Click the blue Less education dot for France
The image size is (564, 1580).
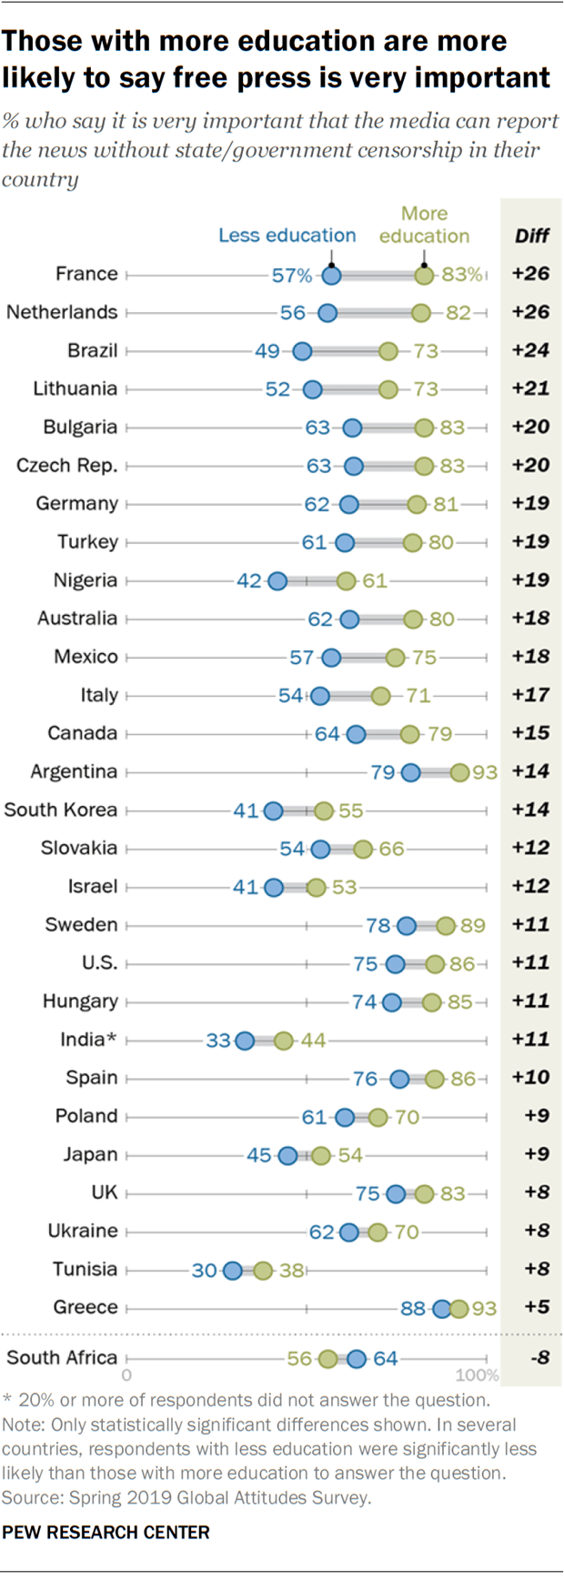[x=332, y=275]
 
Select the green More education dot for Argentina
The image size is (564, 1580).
[x=459, y=772]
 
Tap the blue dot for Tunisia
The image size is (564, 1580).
[x=232, y=1270]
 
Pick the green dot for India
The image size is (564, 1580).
[x=284, y=1040]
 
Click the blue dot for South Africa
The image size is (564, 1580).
[x=357, y=1359]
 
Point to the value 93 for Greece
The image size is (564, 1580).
[x=484, y=1308]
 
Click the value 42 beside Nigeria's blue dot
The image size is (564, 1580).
[x=248, y=580]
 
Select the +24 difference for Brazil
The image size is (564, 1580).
[x=530, y=350]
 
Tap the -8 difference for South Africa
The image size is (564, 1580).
[x=539, y=1357]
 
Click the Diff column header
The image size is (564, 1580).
[x=531, y=236]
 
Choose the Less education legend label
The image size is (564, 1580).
[x=287, y=236]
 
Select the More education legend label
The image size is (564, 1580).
[x=424, y=225]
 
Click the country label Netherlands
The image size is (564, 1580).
[x=62, y=312]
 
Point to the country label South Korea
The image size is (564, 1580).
[x=61, y=810]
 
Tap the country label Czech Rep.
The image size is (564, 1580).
[x=67, y=466]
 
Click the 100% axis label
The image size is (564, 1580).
[x=477, y=1375]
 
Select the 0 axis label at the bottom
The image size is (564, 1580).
[x=126, y=1375]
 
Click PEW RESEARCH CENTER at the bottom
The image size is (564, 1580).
[x=106, y=1533]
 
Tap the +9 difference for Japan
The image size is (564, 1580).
[x=530, y=1154]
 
